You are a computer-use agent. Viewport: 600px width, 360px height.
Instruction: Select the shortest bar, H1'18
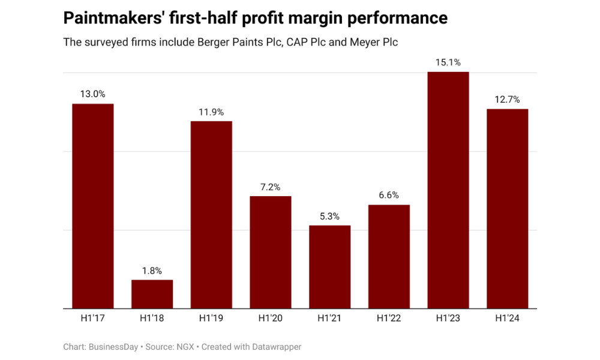[152, 294]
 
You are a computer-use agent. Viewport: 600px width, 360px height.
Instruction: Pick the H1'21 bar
[329, 267]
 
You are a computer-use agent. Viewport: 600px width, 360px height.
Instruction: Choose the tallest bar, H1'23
[448, 190]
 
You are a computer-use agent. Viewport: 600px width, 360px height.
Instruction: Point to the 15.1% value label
[448, 62]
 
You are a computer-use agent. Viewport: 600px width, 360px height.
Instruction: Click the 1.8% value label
[152, 271]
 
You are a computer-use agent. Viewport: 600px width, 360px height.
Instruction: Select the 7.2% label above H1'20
[271, 187]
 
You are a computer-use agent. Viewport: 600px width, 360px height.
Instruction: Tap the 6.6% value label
[389, 196]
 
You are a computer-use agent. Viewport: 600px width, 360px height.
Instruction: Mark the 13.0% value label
[93, 94]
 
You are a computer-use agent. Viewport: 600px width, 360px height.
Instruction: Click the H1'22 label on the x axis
[389, 319]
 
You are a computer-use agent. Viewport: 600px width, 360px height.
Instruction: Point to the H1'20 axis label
[271, 319]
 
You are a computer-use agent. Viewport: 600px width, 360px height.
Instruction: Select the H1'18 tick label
[152, 319]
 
